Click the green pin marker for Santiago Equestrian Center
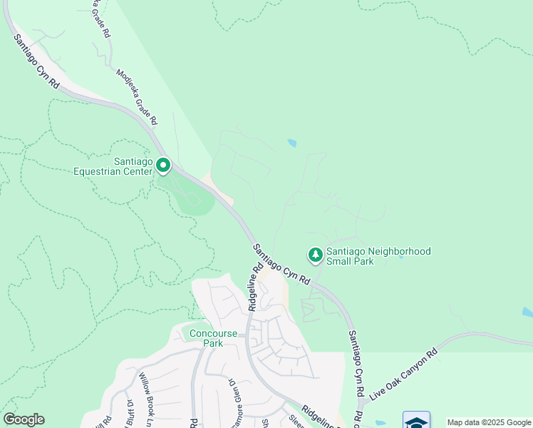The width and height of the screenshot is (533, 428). click(163, 166)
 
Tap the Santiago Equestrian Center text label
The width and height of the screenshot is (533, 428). click(114, 166)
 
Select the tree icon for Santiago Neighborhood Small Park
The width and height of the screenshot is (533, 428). click(314, 255)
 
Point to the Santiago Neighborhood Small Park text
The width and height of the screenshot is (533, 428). click(378, 257)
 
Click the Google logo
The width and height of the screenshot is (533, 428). click(24, 419)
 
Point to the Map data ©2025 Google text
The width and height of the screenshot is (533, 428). click(490, 422)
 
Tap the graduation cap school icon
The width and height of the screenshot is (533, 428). click(416, 420)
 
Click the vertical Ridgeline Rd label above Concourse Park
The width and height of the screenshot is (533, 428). click(255, 288)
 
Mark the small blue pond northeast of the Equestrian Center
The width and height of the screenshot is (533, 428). click(291, 143)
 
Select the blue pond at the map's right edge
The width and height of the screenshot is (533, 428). click(527, 312)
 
